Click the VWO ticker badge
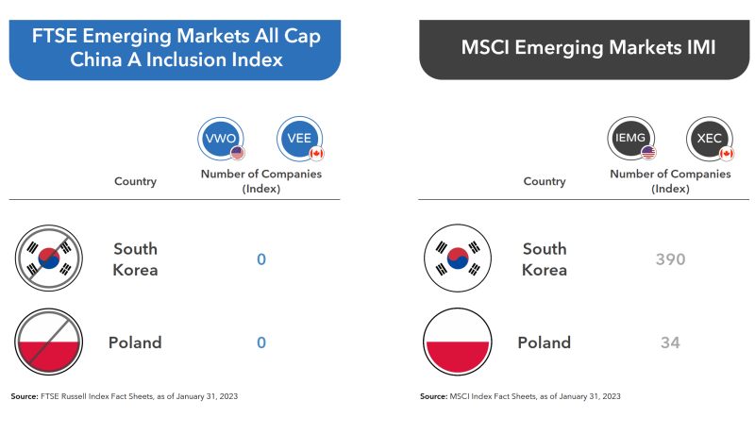click(221, 139)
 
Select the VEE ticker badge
click(300, 139)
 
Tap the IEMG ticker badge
click(630, 139)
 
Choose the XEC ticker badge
click(709, 139)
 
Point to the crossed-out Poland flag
click(49, 342)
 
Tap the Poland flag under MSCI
click(458, 342)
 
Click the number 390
click(670, 259)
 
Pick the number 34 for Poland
click(670, 342)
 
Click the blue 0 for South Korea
click(261, 259)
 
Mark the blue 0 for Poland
click(261, 342)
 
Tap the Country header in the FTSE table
click(135, 181)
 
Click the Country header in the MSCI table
click(545, 181)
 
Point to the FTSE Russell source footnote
click(124, 396)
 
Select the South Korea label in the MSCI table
click(545, 259)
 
